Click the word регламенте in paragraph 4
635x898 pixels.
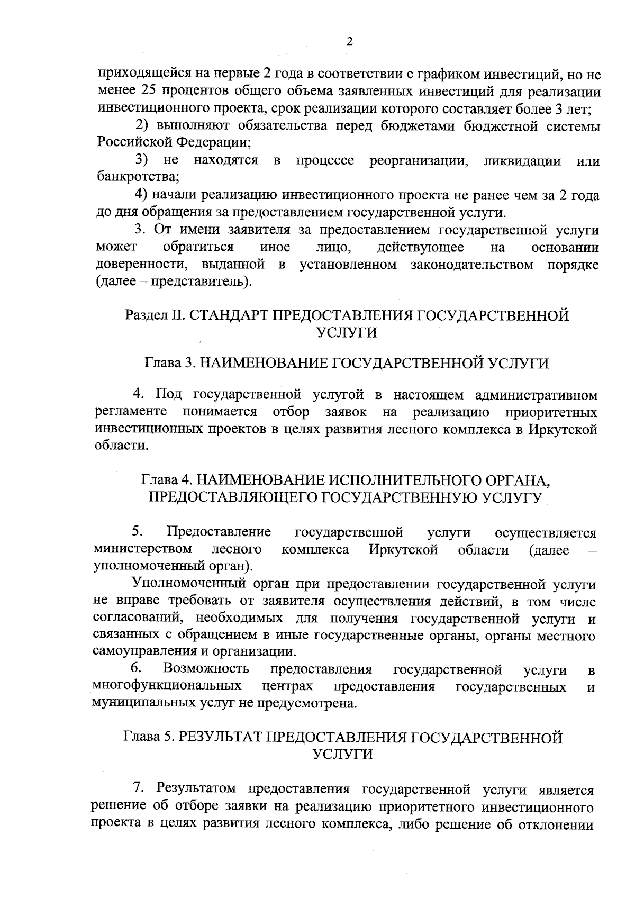coord(130,412)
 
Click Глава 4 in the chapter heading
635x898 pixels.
coord(165,480)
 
